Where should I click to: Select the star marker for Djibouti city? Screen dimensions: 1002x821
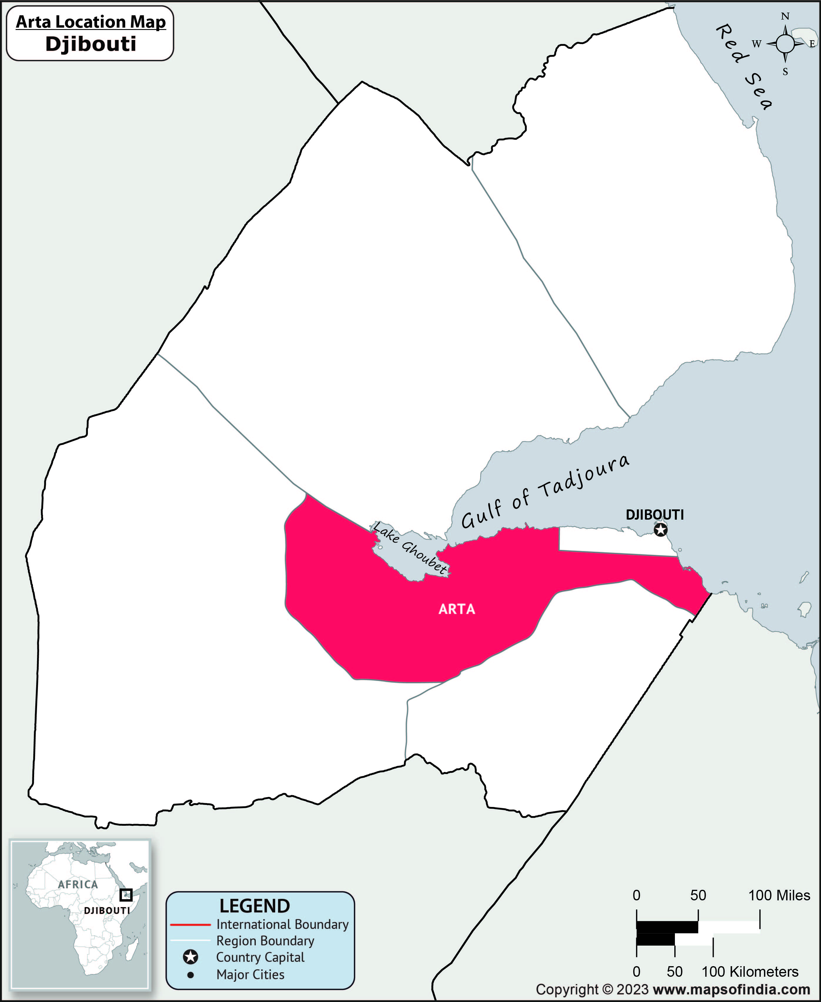[661, 530]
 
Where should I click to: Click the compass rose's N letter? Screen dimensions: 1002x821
[785, 16]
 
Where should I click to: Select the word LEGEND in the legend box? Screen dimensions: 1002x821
[255, 906]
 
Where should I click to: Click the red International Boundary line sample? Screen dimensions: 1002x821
[190, 924]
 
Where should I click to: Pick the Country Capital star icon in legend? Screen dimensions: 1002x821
[190, 958]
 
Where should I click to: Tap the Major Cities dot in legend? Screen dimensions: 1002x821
[190, 975]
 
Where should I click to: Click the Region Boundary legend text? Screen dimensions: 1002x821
[265, 941]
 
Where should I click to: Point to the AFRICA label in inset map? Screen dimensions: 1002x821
[78, 884]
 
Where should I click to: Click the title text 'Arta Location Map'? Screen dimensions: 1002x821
[91, 22]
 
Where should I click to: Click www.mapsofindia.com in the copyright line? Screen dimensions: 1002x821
[731, 990]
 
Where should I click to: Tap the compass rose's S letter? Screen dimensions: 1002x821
[785, 72]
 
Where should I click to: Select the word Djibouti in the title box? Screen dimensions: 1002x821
[91, 44]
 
